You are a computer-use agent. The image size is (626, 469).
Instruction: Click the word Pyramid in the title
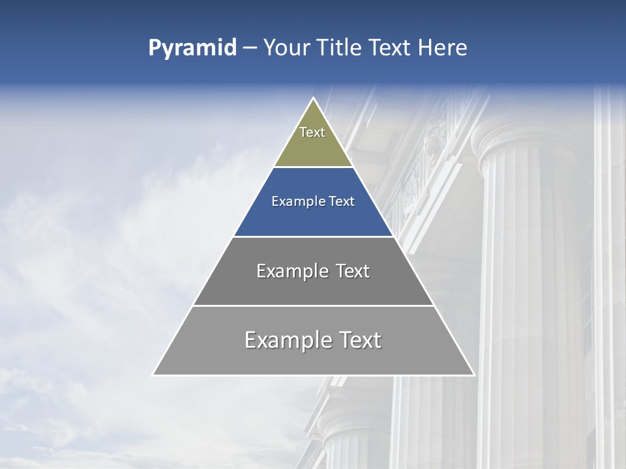192,48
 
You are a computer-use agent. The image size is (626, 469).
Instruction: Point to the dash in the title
249,48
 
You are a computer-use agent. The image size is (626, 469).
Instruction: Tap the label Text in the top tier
312,132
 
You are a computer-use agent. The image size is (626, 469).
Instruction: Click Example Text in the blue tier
313,201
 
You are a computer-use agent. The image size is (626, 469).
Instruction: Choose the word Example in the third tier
291,271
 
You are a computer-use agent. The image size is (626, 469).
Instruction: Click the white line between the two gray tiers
313,306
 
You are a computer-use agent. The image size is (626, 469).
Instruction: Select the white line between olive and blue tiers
313,167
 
